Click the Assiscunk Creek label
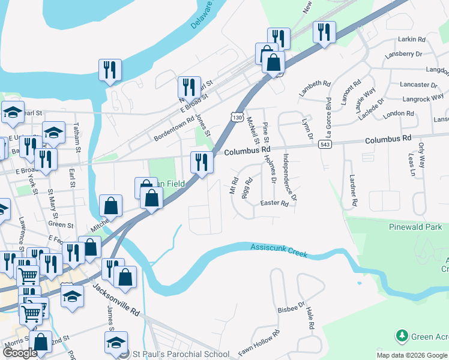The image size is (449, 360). click(x=279, y=250)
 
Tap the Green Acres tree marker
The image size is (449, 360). click(x=400, y=334)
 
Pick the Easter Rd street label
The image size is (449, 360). click(x=275, y=203)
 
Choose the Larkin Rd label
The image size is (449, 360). click(x=411, y=39)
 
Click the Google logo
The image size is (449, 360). click(x=20, y=353)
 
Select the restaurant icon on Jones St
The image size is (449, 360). click(x=189, y=88)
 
